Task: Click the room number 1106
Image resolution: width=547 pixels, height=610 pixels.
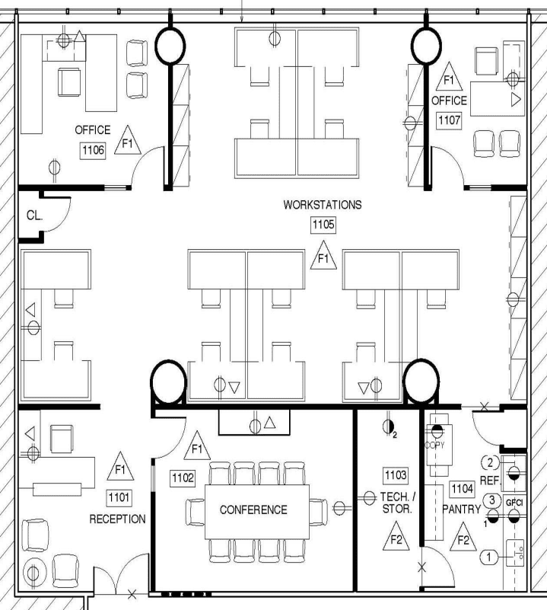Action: [x=94, y=150]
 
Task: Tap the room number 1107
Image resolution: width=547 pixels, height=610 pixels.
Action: [x=450, y=120]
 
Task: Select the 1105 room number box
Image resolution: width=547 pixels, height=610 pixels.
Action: [x=323, y=225]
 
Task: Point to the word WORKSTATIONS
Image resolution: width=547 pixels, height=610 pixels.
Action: [x=323, y=205]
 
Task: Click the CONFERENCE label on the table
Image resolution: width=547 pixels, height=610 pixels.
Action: [x=253, y=509]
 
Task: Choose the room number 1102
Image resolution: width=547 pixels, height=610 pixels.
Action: [x=183, y=477]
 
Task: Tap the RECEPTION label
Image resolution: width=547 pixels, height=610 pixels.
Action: [x=117, y=519]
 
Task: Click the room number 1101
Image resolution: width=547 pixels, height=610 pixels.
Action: [x=119, y=497]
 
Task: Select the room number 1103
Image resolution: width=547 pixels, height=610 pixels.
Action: [x=396, y=475]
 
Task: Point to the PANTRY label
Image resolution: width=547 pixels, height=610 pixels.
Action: [x=462, y=509]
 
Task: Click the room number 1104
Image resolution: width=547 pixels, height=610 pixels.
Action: [x=463, y=489]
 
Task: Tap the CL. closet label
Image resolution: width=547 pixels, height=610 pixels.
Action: [x=34, y=215]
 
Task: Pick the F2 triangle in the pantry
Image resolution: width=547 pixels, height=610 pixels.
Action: [x=463, y=537]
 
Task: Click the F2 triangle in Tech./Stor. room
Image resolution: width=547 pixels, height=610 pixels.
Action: [x=396, y=536]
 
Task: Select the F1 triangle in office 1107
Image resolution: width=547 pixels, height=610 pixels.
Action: [x=449, y=77]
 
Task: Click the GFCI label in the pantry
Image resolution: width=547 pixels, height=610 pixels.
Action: [x=514, y=503]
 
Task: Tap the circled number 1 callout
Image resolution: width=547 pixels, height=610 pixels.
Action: [x=489, y=557]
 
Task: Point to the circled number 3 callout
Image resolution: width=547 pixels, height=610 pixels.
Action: [x=492, y=500]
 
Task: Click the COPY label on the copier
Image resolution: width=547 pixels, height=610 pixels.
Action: [x=434, y=445]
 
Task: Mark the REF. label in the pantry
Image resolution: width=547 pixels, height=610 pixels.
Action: [x=491, y=481]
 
